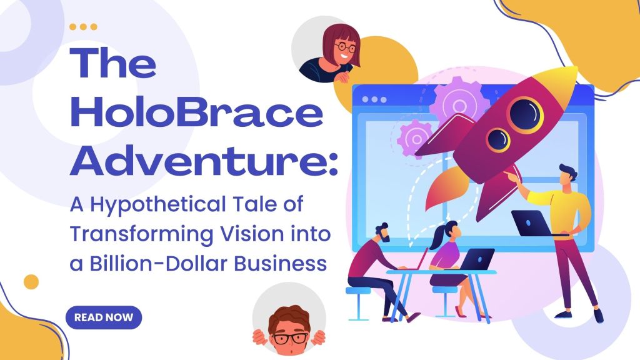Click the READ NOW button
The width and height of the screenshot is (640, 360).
(104, 317)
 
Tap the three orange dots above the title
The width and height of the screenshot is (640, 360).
(83, 27)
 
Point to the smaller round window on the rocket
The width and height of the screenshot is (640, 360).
(499, 138)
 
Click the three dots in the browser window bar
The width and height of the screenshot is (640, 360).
(374, 99)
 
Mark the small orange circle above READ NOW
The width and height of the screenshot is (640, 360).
(31, 282)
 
